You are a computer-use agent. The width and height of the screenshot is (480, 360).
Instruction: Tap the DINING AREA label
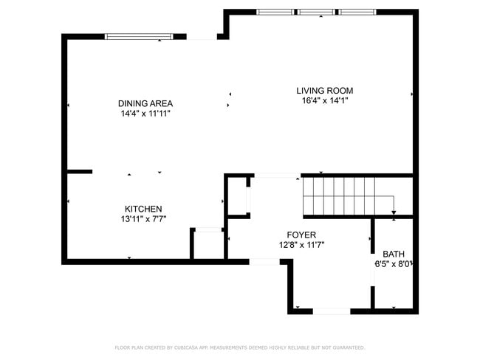pyautogui.click(x=146, y=103)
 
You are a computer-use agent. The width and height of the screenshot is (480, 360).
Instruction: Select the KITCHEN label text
pyautogui.click(x=143, y=209)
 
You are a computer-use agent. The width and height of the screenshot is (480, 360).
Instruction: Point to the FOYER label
pyautogui.click(x=301, y=235)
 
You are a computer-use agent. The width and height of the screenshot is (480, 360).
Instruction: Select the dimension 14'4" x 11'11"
pyautogui.click(x=146, y=114)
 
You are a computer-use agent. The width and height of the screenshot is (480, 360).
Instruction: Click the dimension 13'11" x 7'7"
pyautogui.click(x=143, y=219)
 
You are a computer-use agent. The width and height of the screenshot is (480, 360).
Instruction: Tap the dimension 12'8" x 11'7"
pyautogui.click(x=301, y=245)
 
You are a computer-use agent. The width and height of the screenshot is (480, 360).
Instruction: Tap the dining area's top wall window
pyautogui.click(x=140, y=36)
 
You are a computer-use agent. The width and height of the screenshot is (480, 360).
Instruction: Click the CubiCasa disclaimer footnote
pyautogui.click(x=239, y=347)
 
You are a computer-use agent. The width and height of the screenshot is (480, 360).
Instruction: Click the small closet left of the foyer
pyautogui.click(x=237, y=196)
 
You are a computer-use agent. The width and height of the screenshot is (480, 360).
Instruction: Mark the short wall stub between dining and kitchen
pyautogui.click(x=80, y=172)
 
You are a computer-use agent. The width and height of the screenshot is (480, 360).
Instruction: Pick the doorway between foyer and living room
pyautogui.click(x=276, y=176)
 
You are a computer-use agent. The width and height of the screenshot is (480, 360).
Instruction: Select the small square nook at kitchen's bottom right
pyautogui.click(x=208, y=244)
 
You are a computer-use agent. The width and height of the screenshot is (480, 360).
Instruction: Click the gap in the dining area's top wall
pyautogui.click(x=201, y=36)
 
